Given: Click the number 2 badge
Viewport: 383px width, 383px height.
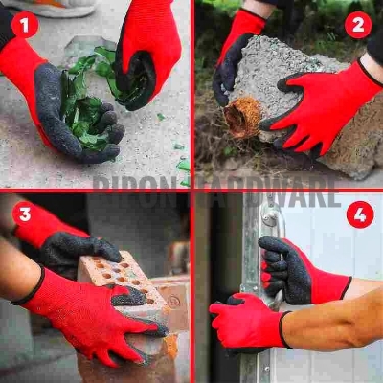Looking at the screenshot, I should (x=358, y=24).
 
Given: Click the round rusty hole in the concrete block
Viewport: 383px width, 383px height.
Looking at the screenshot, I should (x=242, y=117).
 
